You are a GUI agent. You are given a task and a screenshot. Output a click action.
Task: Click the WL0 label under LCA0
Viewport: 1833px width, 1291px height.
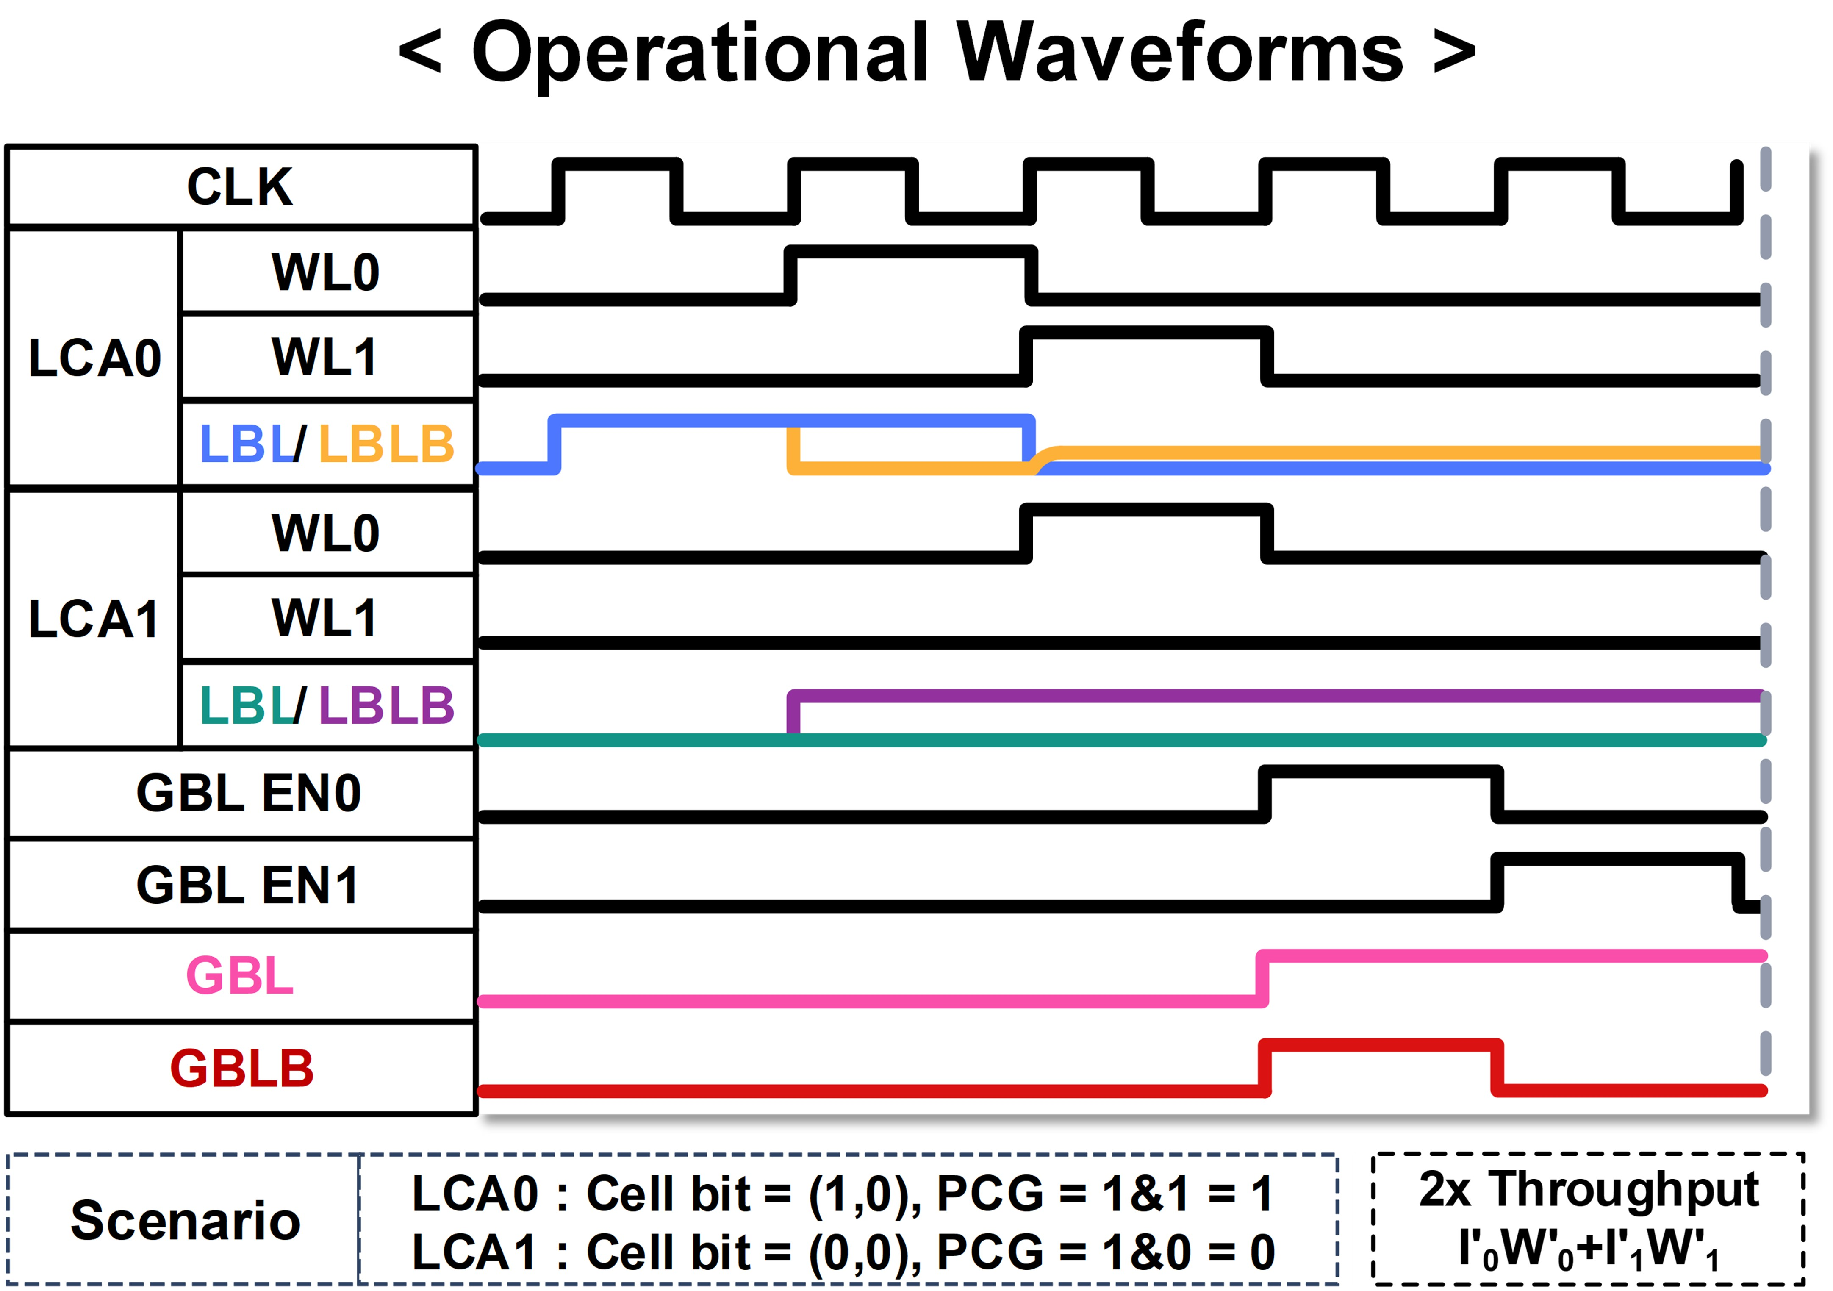[326, 272]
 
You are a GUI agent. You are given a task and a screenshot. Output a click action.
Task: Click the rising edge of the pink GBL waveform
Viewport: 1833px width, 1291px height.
[1262, 979]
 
